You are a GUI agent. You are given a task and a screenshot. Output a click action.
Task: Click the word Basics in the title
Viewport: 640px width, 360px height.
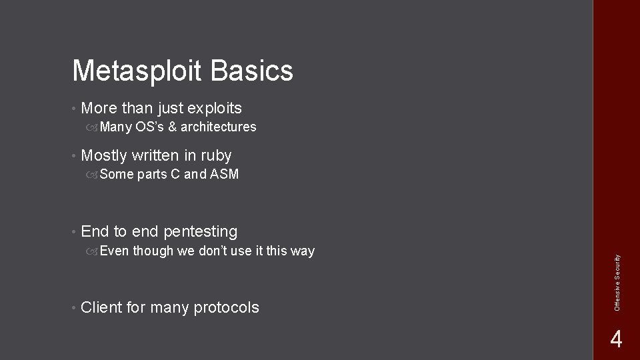click(256, 71)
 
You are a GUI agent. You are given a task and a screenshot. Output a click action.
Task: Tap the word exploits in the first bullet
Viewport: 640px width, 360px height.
click(215, 108)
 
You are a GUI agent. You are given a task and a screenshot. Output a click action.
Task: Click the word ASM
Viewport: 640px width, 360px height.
click(225, 175)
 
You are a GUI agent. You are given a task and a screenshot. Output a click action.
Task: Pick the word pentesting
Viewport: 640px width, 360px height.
click(200, 232)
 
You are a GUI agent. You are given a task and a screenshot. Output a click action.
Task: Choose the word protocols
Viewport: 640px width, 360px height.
click(226, 307)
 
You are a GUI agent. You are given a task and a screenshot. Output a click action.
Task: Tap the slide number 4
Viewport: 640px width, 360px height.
click(616, 340)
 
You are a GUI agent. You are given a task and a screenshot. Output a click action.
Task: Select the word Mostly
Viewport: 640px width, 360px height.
click(103, 156)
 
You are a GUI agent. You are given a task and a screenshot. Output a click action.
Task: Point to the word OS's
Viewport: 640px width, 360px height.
click(149, 127)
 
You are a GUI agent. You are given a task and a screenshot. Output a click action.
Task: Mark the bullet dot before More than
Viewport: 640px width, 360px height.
click(74, 108)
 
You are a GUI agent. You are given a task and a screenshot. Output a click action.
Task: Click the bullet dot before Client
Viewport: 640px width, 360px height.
click(74, 307)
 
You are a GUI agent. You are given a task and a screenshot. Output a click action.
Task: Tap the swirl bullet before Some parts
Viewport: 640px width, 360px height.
click(93, 175)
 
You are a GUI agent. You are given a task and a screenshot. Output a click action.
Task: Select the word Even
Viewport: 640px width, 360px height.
click(115, 251)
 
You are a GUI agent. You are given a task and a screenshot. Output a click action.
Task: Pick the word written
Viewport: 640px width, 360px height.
click(155, 156)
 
